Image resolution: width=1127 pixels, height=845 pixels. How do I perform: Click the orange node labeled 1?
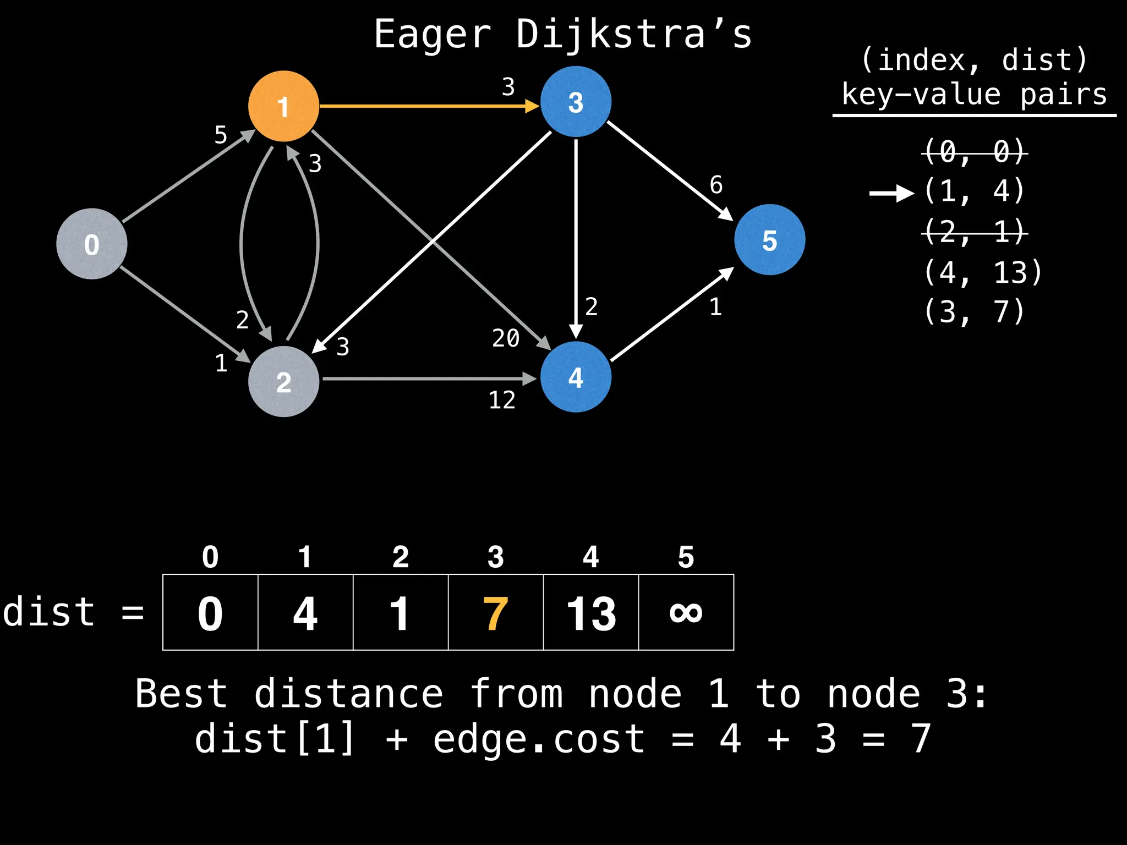pos(283,106)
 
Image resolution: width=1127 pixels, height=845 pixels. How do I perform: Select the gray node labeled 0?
pos(92,244)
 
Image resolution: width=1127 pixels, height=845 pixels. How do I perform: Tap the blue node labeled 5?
pos(769,240)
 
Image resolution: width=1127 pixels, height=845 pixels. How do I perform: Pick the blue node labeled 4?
pos(576,377)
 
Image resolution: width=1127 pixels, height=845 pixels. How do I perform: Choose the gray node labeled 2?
pos(283,381)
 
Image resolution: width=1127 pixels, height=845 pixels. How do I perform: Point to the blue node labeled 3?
pos(576,102)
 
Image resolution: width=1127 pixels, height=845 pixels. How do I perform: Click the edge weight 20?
pos(506,338)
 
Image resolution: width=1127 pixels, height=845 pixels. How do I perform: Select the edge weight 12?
pos(502,400)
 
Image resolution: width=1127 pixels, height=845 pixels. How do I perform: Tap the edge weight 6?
pos(716,185)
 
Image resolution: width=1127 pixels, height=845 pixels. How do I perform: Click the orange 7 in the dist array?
pos(495,613)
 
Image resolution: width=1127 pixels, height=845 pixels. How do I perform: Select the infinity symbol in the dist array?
pos(686,612)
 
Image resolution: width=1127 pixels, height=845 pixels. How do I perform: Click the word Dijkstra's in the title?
pos(634,34)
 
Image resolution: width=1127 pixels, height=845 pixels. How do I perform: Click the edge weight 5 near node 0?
pos(221,135)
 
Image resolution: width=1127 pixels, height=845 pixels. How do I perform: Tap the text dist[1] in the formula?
pos(275,738)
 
